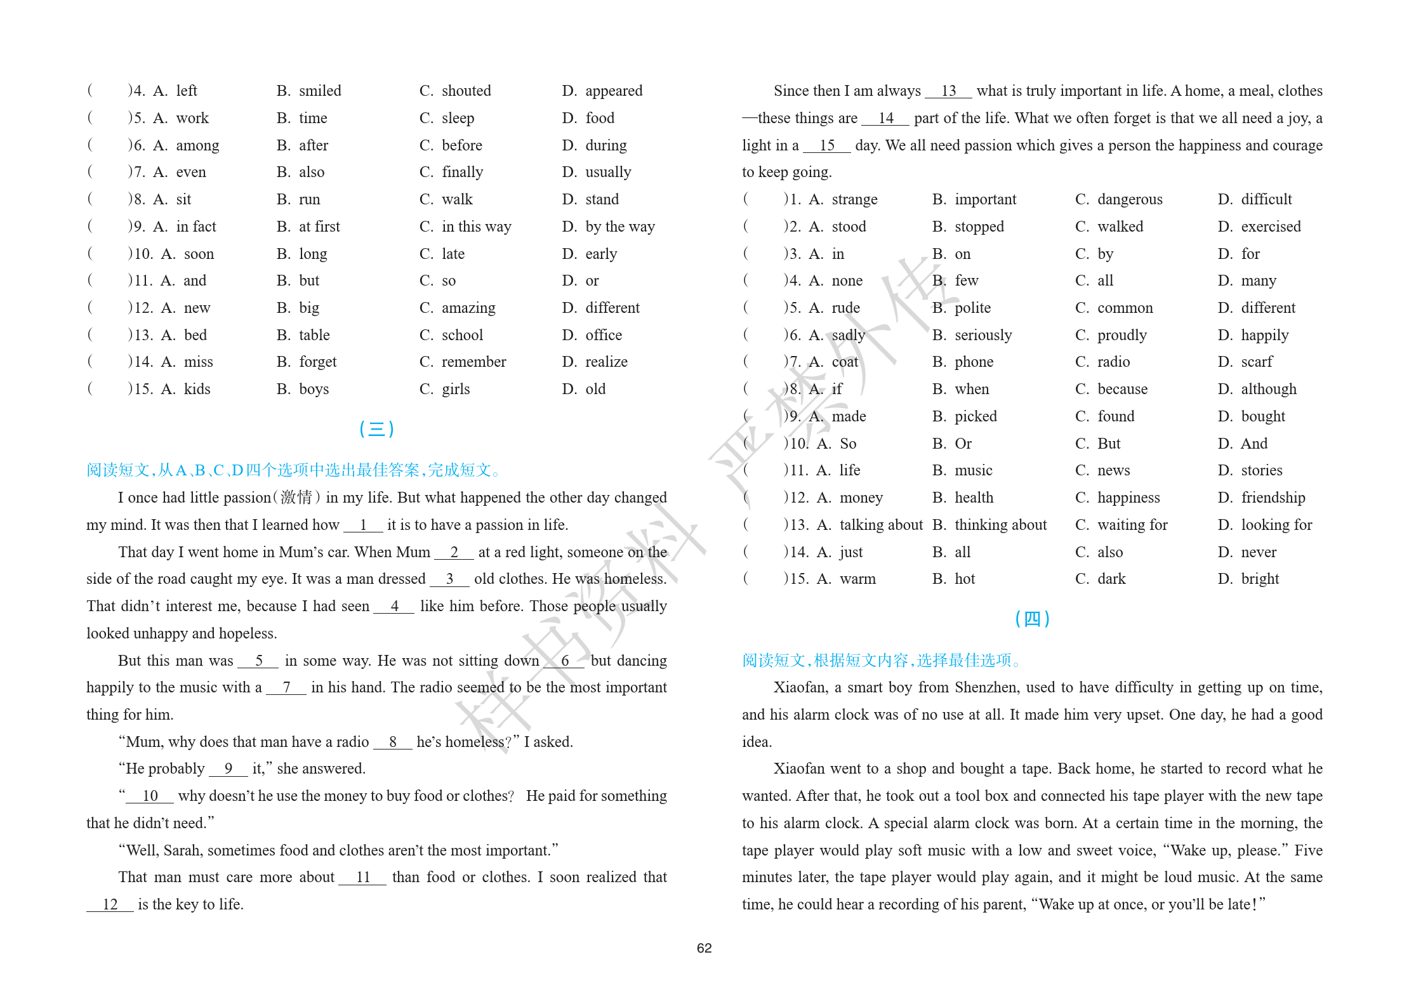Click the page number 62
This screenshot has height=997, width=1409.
coord(704,947)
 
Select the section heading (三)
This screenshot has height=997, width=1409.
coord(376,429)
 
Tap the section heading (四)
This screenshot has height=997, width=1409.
coord(1032,618)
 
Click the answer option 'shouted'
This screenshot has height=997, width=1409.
coord(466,91)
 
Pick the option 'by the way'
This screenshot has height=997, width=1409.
coord(619,227)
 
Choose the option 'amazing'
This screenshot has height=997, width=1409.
coord(468,308)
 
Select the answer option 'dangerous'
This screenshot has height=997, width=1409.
coord(1130,199)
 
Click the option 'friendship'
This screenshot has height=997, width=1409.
coord(1273,498)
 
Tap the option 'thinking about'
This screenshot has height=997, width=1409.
coord(1000,525)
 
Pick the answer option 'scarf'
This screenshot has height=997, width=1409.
coord(1257,362)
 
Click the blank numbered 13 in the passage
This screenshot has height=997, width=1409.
coord(948,91)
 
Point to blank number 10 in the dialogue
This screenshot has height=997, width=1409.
coord(150,796)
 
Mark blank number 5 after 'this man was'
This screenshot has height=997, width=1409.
coord(258,661)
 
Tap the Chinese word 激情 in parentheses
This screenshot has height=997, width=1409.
coord(296,498)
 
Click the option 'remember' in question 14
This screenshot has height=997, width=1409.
coord(473,362)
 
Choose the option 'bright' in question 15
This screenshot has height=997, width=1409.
coord(1260,579)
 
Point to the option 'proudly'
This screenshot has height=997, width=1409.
coord(1121,335)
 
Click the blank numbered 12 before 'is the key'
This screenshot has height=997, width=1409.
coord(110,904)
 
